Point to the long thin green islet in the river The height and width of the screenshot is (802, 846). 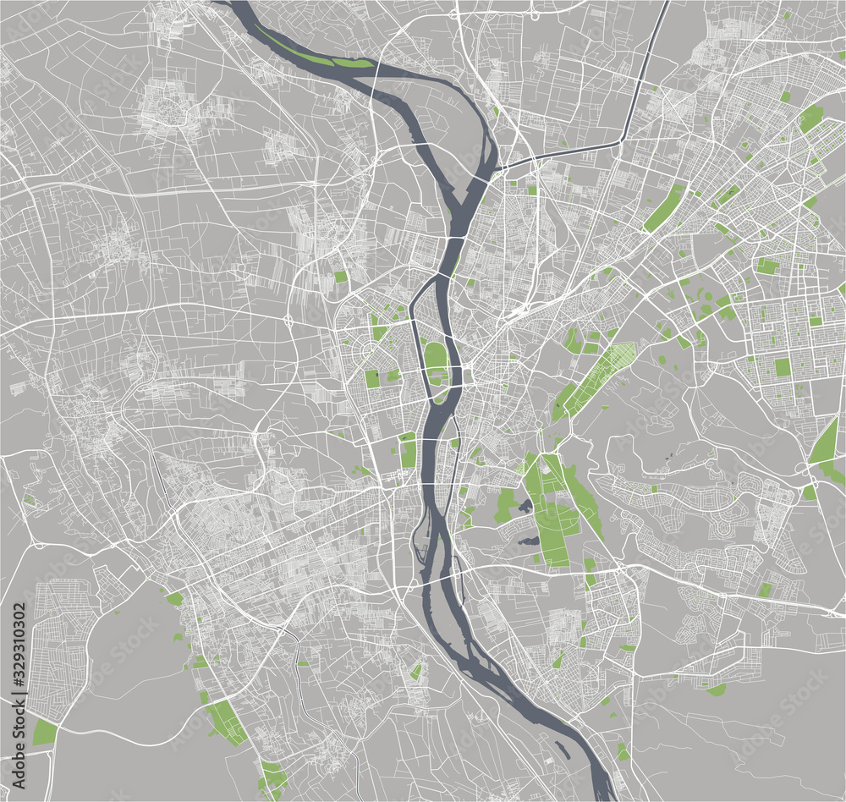pos(317,57)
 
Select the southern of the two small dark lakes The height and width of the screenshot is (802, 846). pos(530,541)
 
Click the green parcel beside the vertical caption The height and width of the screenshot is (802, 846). pos(44,732)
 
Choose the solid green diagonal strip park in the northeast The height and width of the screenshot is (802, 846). pos(665,207)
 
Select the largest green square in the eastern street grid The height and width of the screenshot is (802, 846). pos(783,366)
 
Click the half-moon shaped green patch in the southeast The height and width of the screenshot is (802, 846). pos(717,690)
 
